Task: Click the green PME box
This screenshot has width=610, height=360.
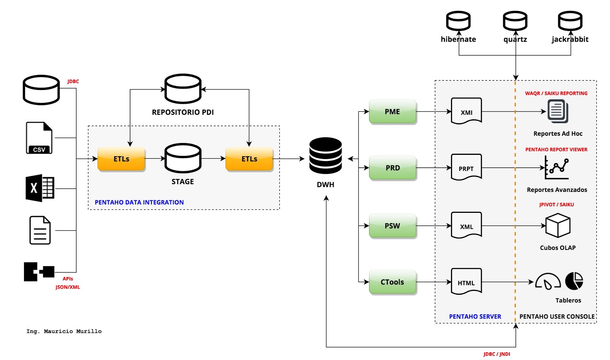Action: tap(392, 111)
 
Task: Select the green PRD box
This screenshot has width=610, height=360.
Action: tap(392, 167)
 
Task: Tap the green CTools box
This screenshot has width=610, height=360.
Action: tap(392, 282)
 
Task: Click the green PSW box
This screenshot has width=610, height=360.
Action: tap(392, 226)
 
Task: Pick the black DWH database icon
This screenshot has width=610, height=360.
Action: tap(325, 156)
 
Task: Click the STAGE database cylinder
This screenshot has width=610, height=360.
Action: tap(183, 158)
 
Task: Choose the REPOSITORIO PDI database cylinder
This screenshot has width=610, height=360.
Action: tap(183, 89)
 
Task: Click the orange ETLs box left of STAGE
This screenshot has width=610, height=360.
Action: tap(121, 159)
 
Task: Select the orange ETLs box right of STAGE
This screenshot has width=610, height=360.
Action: tap(249, 159)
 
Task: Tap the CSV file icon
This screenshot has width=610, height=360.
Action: tap(39, 138)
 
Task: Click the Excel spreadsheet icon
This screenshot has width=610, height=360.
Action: tap(40, 188)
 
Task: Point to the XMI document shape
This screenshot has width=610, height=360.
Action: tap(466, 111)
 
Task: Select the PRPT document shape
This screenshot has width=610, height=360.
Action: tap(466, 167)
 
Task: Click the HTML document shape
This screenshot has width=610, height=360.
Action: tap(466, 281)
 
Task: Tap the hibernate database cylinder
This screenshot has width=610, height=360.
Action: tap(458, 21)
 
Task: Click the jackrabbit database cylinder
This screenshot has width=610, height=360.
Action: tap(570, 21)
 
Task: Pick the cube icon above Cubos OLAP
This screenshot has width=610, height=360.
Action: tap(558, 225)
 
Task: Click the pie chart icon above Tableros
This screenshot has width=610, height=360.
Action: tap(574, 281)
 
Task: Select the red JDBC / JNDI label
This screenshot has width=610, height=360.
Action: tap(497, 354)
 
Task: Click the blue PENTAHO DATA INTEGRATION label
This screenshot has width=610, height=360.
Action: tap(139, 202)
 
